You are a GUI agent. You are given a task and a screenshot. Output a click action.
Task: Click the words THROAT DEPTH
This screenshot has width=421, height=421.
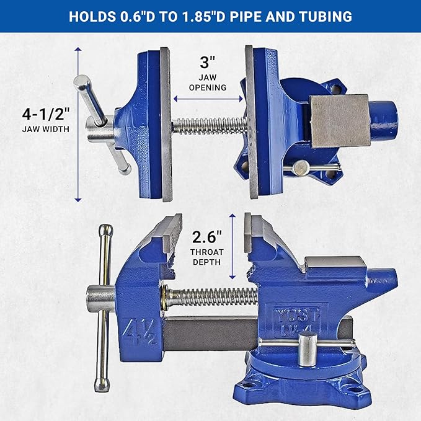206,257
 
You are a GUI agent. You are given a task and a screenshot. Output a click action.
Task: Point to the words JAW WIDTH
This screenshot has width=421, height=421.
45,130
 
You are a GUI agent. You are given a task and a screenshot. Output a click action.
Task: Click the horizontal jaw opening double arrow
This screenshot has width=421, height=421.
208,98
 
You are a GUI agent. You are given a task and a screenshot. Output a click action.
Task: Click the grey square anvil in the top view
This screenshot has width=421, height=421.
339,121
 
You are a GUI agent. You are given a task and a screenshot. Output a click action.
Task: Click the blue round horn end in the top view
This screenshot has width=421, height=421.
386,120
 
